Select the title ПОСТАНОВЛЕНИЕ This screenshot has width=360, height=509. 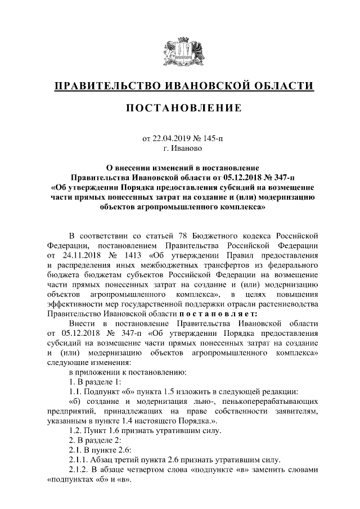(x=180, y=107)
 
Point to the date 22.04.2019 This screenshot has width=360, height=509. (x=172, y=138)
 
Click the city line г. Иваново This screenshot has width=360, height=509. (x=180, y=148)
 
